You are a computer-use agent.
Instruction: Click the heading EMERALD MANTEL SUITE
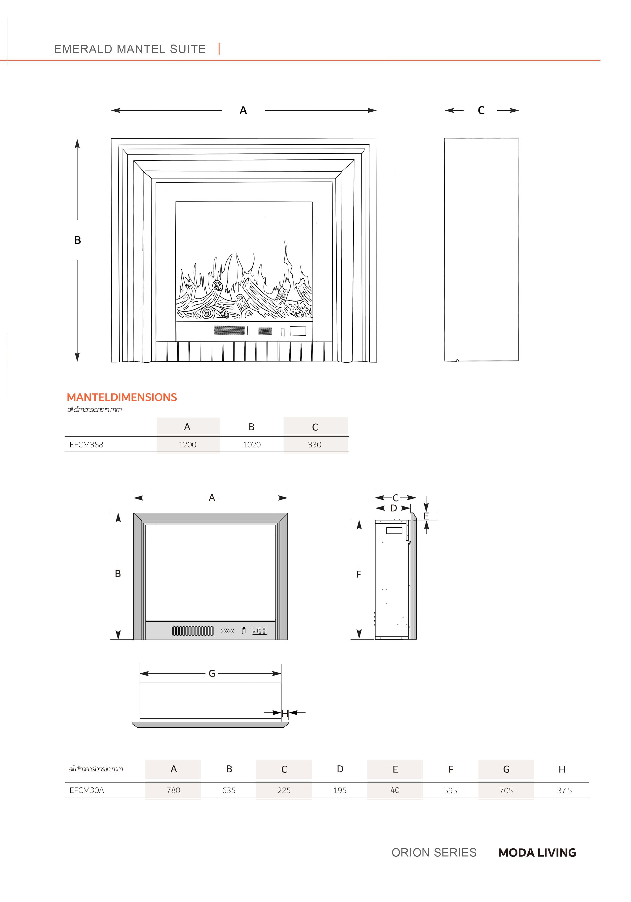[130, 49]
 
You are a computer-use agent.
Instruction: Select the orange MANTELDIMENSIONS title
[122, 397]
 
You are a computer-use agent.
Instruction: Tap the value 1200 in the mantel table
[187, 445]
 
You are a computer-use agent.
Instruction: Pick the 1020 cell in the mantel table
[252, 445]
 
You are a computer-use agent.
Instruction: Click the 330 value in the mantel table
[315, 445]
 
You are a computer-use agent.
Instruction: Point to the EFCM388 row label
[86, 445]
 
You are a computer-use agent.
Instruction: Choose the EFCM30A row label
[87, 790]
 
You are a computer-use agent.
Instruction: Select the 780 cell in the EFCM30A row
[173, 790]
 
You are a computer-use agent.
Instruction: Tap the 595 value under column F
[450, 790]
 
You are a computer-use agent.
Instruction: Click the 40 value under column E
[395, 790]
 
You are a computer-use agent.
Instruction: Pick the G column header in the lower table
[506, 769]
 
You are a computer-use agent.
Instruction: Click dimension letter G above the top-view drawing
[212, 673]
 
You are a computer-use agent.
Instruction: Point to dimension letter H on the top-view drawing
[285, 713]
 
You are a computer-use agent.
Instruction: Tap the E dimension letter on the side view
[426, 516]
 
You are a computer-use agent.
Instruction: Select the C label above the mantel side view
[481, 110]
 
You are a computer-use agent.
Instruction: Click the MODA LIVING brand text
[537, 852]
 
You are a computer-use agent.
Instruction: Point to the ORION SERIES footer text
[434, 852]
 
